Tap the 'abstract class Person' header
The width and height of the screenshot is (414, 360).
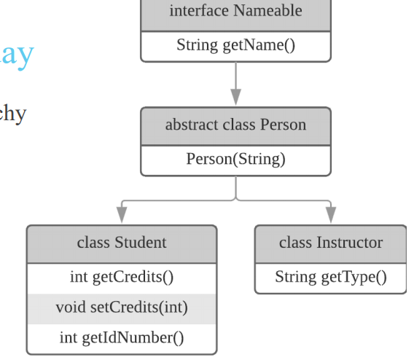point(235,125)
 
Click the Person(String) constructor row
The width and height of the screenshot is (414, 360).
point(235,159)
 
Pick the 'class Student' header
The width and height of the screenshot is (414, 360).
point(122,243)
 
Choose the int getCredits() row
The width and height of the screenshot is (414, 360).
point(122,278)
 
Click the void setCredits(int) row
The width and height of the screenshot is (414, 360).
point(122,308)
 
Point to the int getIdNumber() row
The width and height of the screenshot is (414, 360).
point(122,337)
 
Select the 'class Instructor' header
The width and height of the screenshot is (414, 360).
point(330,243)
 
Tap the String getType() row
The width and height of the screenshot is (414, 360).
point(330,277)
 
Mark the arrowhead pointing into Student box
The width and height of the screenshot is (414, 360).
point(122,214)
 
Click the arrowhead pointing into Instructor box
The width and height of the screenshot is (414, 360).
point(330,214)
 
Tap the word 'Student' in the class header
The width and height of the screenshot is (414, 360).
point(141,243)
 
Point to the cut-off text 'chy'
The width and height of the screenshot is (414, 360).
point(12,114)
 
